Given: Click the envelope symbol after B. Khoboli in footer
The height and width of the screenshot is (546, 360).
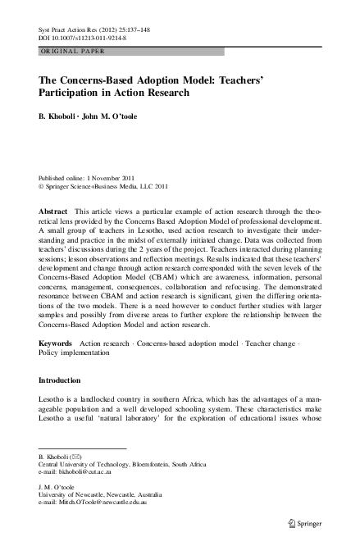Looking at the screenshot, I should tap(75, 456).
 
